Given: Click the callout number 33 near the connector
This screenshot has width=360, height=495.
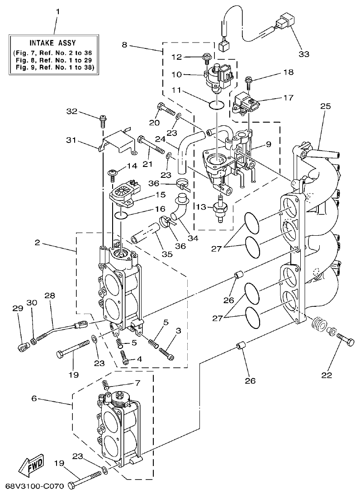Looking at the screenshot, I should pos(304,54).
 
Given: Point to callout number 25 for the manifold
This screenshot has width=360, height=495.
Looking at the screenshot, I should pos(326,107).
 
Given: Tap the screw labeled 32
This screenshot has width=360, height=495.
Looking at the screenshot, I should pos(103,121).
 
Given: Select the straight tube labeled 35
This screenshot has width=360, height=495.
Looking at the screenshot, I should pos(144,238).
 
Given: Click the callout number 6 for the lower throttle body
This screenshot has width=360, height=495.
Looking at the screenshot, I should pos(34,400).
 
